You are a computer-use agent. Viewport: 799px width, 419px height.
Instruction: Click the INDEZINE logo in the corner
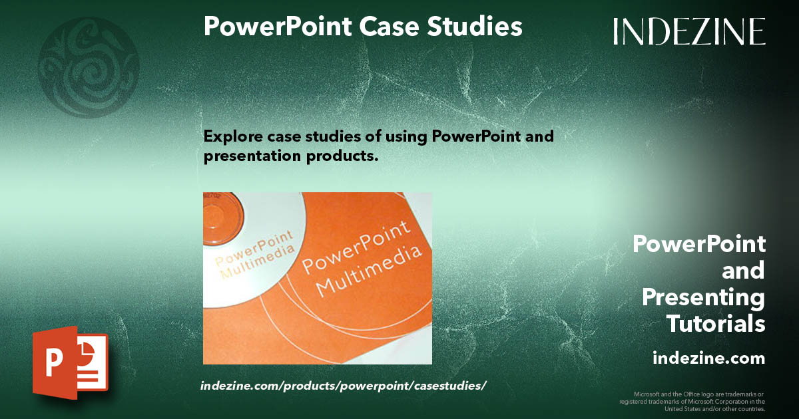(689, 31)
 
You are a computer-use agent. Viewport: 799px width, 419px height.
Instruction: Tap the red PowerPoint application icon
(70, 362)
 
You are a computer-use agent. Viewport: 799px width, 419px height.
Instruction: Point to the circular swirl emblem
(89, 67)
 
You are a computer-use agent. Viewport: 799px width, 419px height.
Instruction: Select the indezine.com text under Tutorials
(708, 358)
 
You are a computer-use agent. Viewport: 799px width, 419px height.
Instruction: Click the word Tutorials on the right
(716, 325)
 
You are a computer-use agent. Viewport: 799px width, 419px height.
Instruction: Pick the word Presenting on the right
(703, 297)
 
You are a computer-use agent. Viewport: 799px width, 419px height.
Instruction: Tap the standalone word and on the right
(743, 271)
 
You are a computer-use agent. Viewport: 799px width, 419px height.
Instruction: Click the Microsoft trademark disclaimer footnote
(692, 401)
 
